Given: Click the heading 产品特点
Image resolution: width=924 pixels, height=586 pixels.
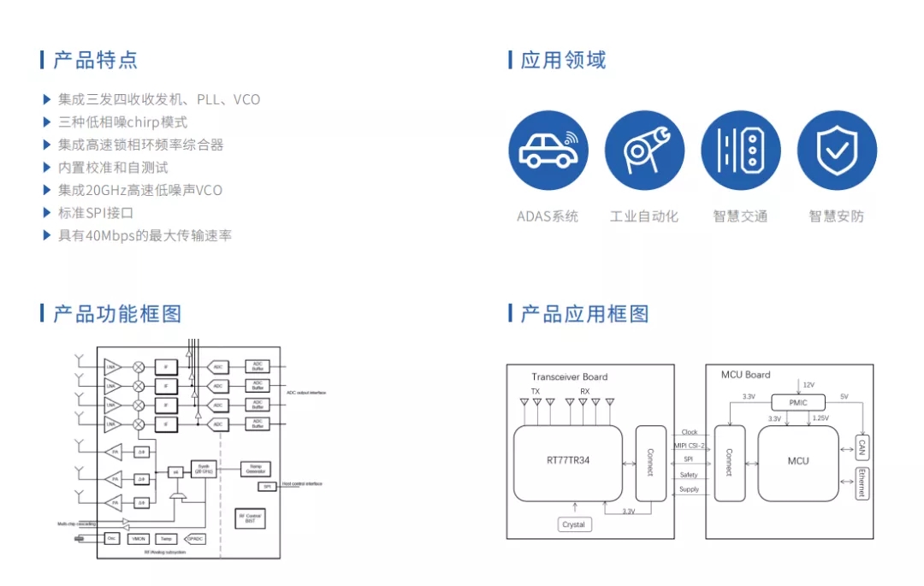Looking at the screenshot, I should coord(95,60).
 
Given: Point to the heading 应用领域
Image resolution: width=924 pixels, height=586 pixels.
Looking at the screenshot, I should coord(563,60).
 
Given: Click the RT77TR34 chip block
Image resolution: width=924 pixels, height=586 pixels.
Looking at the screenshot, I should coord(568,460).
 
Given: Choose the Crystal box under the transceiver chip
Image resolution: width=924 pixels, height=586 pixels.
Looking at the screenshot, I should coord(574,524).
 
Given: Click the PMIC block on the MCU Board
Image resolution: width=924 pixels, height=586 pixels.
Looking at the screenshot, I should coord(797,402).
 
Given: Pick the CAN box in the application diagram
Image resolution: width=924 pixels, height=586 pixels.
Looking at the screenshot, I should coord(862,447).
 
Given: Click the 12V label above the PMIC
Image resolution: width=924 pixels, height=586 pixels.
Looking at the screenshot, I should coord(808,385).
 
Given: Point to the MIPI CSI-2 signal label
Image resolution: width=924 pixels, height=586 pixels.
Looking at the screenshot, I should coord(690,446).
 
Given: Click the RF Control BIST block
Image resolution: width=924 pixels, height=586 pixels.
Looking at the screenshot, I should coord(251,518).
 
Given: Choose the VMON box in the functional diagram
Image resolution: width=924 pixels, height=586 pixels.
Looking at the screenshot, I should coord(139,538).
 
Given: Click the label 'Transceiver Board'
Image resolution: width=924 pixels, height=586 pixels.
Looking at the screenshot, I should coord(569,376).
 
